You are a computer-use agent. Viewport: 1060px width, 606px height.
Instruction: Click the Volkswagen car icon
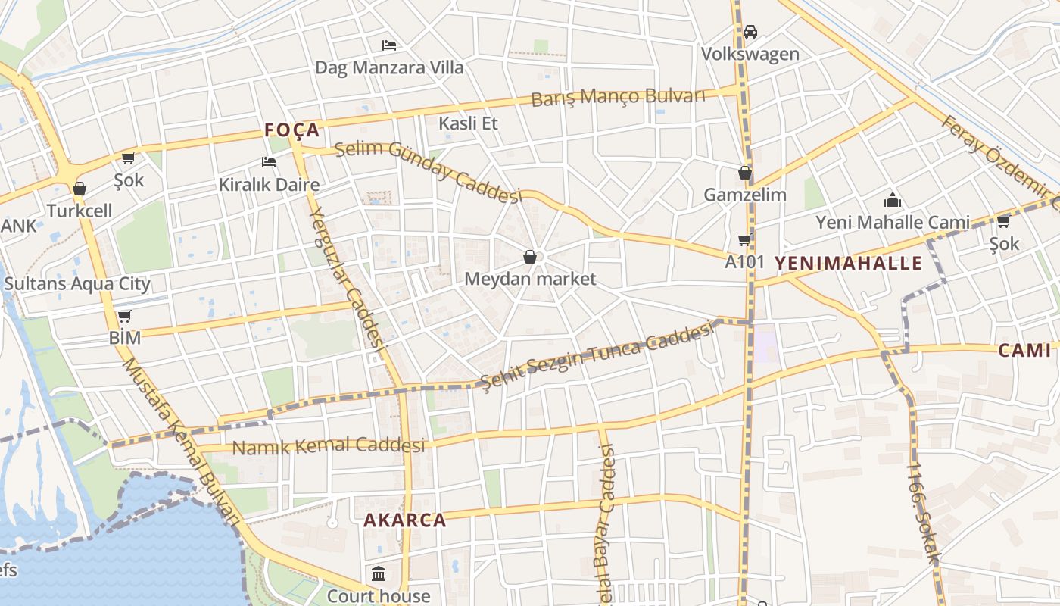tap(750, 32)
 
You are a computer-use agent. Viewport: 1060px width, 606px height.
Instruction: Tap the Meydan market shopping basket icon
tap(530, 258)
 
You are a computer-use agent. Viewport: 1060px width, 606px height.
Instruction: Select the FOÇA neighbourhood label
tap(292, 130)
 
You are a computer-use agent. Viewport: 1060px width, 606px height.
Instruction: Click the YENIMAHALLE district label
tap(848, 264)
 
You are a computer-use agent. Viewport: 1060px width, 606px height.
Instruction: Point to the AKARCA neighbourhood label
tap(404, 520)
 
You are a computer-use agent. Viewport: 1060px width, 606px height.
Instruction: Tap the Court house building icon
tap(379, 573)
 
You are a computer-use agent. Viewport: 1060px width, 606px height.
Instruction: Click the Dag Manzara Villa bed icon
tap(389, 45)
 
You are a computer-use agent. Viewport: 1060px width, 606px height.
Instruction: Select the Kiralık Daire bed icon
tap(269, 161)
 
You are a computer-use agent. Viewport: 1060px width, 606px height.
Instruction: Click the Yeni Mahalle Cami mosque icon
tap(893, 201)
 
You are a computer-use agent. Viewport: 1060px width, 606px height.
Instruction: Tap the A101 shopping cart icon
tap(744, 240)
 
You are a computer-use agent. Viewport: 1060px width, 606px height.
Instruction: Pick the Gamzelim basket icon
tap(745, 173)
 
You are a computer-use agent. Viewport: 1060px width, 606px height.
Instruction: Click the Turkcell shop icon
tap(79, 189)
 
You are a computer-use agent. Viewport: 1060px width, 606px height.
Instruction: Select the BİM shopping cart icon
tap(124, 316)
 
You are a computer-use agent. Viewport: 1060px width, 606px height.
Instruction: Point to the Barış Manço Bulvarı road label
tap(618, 98)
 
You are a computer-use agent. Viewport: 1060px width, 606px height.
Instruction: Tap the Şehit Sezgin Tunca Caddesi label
tap(598, 354)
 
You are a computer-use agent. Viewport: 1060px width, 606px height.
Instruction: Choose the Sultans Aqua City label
tap(77, 284)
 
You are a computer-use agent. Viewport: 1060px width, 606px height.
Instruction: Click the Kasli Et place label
tap(468, 123)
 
